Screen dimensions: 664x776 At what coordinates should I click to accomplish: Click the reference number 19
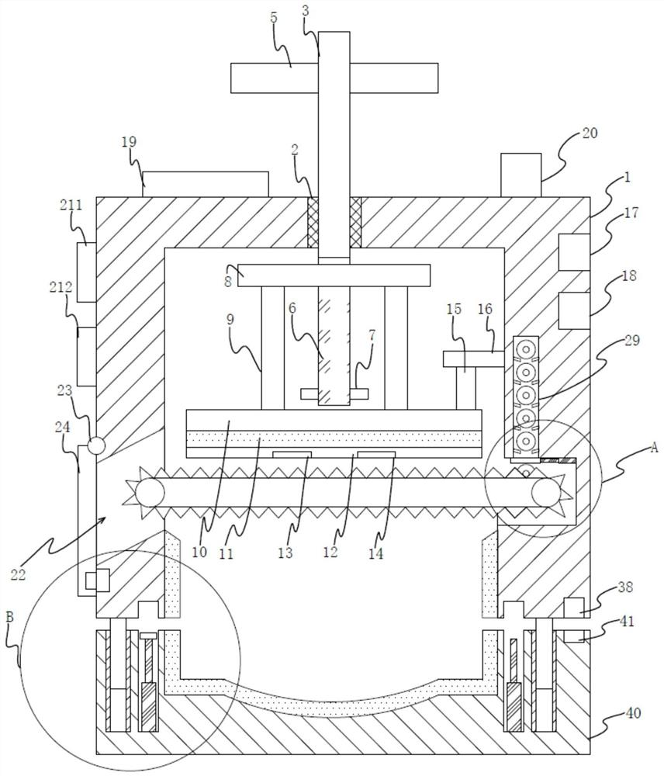point(128,143)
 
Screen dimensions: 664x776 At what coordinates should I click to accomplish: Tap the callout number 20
point(590,133)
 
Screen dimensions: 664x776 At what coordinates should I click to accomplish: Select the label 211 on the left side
point(71,204)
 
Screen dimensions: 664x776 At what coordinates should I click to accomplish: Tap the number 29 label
point(632,340)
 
